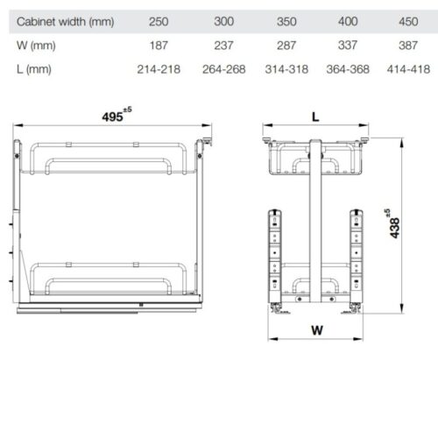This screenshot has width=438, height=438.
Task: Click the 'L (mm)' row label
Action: coord(34,67)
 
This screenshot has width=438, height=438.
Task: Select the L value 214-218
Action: coord(159,67)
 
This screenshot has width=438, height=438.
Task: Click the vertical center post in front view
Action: coord(314,228)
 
